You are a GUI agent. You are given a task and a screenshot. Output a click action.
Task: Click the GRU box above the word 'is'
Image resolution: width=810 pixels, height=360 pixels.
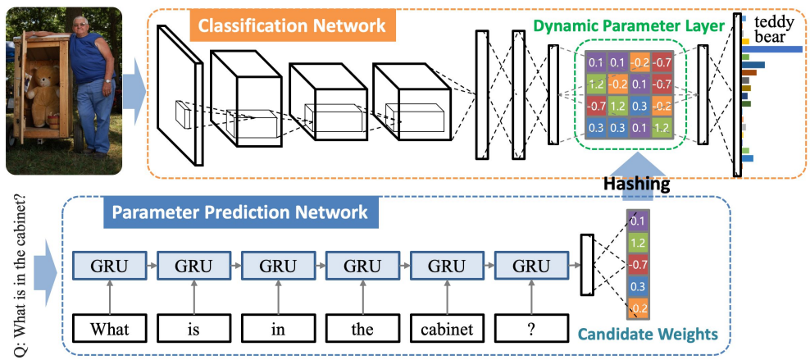(193, 267)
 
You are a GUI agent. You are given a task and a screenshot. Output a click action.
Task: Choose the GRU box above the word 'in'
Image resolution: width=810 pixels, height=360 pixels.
(277, 267)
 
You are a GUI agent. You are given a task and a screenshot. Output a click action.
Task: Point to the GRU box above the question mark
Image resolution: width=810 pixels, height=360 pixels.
(530, 267)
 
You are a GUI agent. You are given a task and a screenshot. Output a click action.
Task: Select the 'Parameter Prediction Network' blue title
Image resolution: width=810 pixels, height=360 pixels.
(239, 213)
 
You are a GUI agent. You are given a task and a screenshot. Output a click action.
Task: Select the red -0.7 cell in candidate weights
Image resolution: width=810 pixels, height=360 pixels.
(637, 265)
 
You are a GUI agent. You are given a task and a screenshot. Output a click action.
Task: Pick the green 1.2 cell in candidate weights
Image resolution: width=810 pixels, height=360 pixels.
(637, 243)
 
